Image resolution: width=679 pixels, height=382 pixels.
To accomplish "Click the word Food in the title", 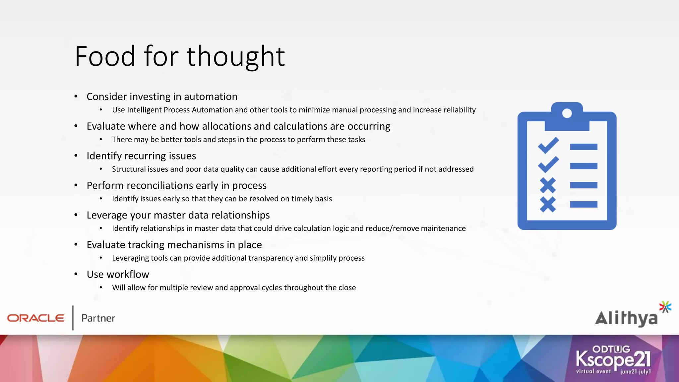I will tap(105, 56).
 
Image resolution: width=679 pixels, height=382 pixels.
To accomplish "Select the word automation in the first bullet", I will tap(211, 96).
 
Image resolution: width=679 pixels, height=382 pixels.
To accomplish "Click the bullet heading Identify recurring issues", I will tap(141, 156).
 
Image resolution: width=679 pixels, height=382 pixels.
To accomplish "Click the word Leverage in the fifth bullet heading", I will tap(107, 215).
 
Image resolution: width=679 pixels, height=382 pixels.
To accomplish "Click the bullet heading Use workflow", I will tap(118, 274).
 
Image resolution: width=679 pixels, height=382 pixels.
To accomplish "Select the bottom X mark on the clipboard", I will tap(548, 204).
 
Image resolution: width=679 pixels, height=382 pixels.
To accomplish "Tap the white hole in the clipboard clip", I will tap(567, 113).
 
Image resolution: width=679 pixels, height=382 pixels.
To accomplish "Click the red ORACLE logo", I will tap(35, 318).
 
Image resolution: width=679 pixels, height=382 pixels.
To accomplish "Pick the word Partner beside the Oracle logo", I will tap(98, 318).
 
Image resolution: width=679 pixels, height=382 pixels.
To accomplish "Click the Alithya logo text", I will tap(626, 318).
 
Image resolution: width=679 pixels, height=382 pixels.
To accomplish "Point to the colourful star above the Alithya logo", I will tap(665, 307).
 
